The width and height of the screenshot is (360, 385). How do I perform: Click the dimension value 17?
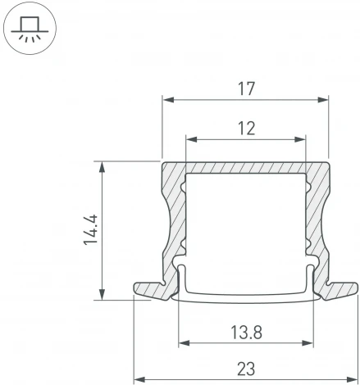click(245, 89)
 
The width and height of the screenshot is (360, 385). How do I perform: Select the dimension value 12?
click(245, 129)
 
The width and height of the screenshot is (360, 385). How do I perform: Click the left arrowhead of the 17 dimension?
click(167, 101)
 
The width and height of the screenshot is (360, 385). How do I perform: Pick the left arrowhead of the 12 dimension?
click(190, 140)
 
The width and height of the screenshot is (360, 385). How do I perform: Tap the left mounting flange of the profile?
click(152, 288)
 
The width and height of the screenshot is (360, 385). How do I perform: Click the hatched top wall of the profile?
click(245, 168)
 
